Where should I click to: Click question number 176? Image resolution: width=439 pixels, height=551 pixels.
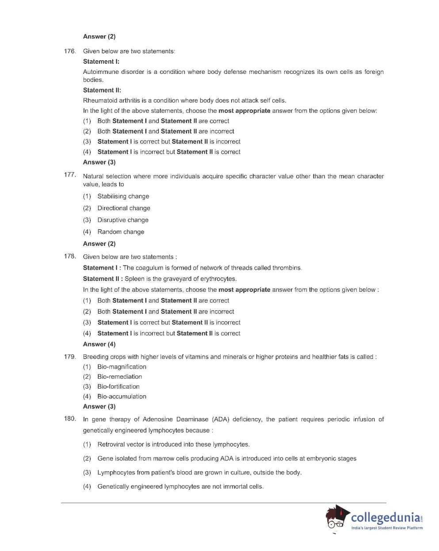(x=70, y=51)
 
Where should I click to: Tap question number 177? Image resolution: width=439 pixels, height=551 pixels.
(x=70, y=175)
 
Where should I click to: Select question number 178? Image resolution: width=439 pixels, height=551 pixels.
(x=70, y=256)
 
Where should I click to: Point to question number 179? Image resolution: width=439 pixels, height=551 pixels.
(x=70, y=356)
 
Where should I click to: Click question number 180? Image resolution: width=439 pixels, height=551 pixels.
(x=70, y=418)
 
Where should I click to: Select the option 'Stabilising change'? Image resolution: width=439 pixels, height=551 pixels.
(x=123, y=196)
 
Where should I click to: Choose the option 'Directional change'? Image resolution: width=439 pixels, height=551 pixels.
(x=123, y=208)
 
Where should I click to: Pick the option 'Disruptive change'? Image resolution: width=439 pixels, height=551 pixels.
(x=122, y=220)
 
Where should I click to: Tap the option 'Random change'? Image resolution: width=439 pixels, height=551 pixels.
(x=120, y=232)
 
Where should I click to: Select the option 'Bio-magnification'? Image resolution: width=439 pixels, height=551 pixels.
(x=122, y=367)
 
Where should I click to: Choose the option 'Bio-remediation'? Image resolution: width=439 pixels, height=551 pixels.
(x=119, y=377)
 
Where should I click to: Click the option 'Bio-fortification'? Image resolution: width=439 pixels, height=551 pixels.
(x=118, y=386)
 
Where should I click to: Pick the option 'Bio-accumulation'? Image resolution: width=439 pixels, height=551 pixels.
(x=122, y=397)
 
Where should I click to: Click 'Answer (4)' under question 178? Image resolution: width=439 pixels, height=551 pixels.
(x=99, y=344)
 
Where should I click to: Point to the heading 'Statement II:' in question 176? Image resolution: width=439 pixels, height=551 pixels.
(x=102, y=90)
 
